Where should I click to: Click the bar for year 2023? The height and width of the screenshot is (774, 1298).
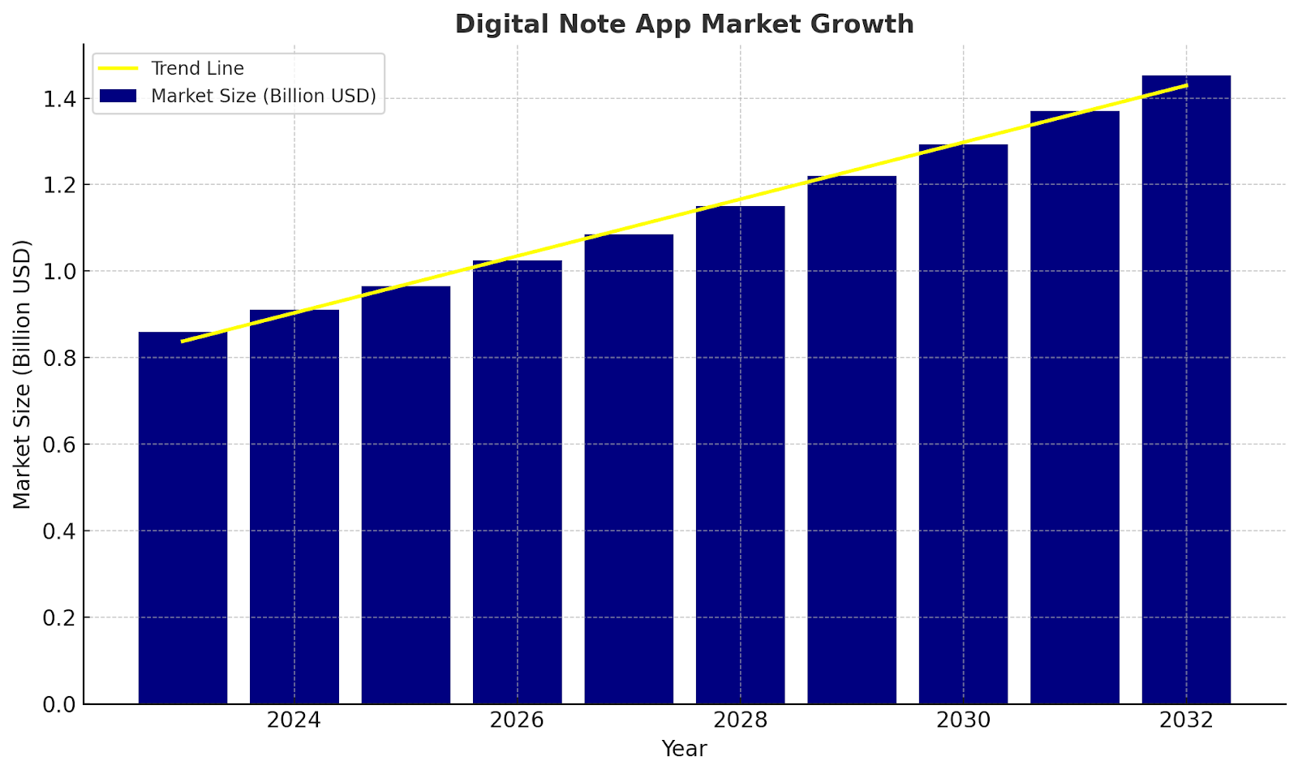(x=183, y=519)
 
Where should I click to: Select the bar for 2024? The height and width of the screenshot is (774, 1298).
(x=294, y=507)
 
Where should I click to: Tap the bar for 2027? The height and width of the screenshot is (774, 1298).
(x=629, y=471)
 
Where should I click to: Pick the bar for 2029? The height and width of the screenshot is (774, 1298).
(x=852, y=442)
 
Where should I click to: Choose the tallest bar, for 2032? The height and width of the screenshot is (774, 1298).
(x=1186, y=389)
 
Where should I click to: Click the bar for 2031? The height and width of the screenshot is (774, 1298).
(x=1075, y=406)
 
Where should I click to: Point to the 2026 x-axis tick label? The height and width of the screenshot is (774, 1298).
(x=517, y=720)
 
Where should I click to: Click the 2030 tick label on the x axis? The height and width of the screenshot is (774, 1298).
(x=963, y=720)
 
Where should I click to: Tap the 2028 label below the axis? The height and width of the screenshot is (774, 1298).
(x=740, y=720)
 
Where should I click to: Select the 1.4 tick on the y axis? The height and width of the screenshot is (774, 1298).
(x=59, y=99)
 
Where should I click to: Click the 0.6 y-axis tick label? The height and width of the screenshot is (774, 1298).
(x=59, y=445)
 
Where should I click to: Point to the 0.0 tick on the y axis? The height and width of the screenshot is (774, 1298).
(x=59, y=704)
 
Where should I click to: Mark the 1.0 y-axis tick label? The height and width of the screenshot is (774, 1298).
(x=59, y=272)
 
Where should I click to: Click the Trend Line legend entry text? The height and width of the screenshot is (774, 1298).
(x=197, y=69)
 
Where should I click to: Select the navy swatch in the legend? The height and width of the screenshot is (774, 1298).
(x=118, y=96)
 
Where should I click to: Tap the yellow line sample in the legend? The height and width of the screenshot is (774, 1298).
(x=118, y=69)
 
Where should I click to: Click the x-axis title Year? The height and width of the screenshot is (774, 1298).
(x=684, y=749)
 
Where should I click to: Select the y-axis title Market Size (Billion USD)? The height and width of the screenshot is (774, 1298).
(x=22, y=374)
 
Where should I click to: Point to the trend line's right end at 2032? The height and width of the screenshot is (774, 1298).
(x=1186, y=85)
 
